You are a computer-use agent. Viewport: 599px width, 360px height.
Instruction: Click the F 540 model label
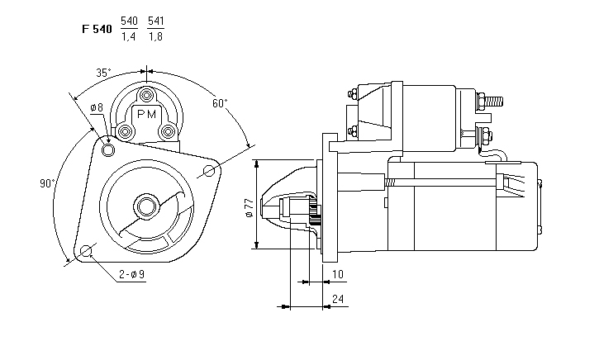click(x=97, y=29)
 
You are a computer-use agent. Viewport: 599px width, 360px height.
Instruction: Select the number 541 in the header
click(x=156, y=21)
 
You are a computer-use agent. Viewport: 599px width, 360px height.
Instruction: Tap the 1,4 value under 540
click(x=128, y=36)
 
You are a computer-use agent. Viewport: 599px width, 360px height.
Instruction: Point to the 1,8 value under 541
click(x=155, y=36)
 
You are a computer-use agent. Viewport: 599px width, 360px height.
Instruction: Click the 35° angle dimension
click(x=103, y=73)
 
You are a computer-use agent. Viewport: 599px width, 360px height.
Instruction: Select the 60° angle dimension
click(x=220, y=103)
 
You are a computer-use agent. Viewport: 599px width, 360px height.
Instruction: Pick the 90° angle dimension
click(x=47, y=183)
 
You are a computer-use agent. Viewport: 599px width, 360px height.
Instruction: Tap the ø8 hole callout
click(x=97, y=107)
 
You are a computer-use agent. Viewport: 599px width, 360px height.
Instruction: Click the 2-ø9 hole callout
click(x=132, y=274)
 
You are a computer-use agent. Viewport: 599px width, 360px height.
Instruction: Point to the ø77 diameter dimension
click(x=250, y=208)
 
